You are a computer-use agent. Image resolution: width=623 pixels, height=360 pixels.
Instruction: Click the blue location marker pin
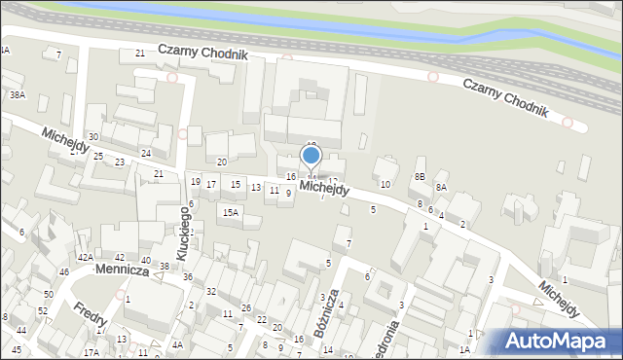coord(311,156)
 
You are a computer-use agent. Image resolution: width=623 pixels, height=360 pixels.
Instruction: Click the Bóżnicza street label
coord(326,312)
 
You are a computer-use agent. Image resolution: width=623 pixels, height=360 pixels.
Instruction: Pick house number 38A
coord(17,95)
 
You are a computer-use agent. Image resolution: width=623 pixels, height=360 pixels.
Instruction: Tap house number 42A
coord(85,257)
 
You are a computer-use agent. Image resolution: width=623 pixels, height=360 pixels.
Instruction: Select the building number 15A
coord(230,212)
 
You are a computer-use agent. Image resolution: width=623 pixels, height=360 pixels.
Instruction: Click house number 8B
coord(420,176)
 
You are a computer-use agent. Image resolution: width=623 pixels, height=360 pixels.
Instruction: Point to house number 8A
coord(441,187)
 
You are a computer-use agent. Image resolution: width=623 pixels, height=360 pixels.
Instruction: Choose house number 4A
coord(177,344)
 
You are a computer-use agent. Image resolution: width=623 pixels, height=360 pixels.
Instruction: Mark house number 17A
coord(91,352)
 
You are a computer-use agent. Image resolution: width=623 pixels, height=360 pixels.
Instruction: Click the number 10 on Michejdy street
coord(385,184)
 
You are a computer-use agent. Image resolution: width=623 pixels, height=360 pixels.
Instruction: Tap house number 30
coord(93,137)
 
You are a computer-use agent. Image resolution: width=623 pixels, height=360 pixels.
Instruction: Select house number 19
coord(196,182)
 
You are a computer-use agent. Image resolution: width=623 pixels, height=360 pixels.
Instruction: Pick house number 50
coord(48,294)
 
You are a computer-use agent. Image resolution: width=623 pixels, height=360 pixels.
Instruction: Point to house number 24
coord(145,154)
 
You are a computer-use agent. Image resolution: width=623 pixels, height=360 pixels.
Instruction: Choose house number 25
coord(97,156)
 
